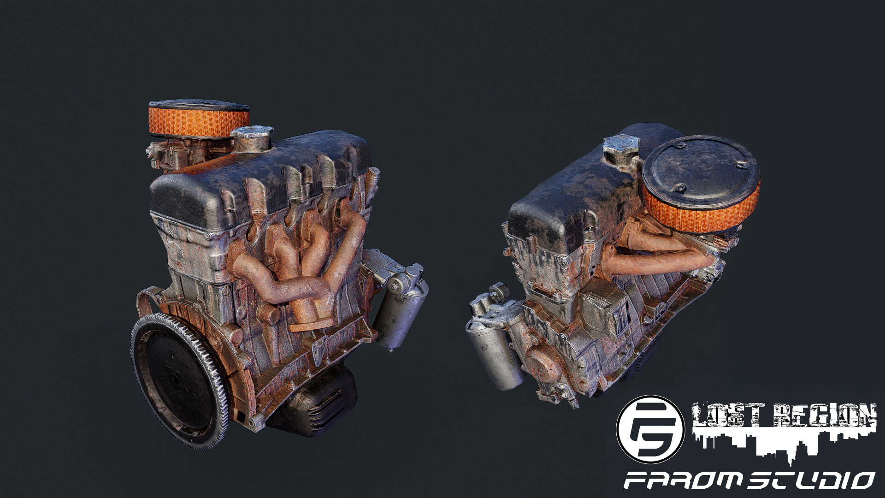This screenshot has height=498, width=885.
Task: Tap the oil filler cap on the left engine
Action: coord(251,138)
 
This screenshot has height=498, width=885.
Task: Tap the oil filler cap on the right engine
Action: coord(621,149)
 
